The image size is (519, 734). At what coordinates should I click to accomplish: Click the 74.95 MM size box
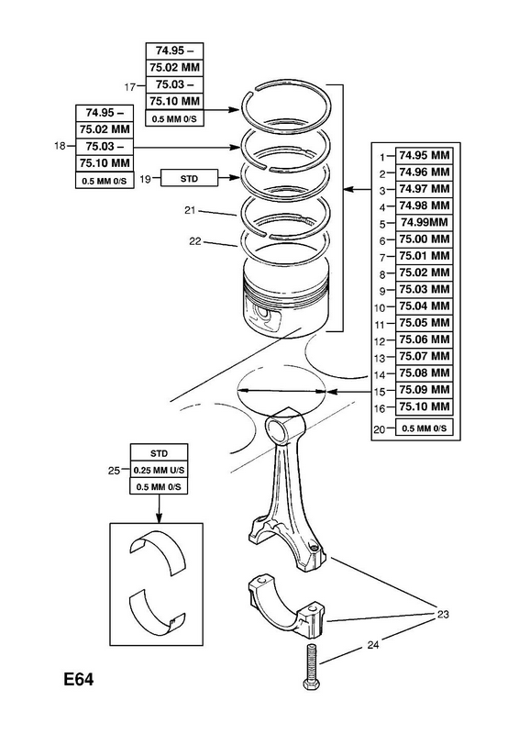pyautogui.click(x=424, y=155)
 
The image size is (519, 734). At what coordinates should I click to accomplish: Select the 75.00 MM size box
pyautogui.click(x=424, y=239)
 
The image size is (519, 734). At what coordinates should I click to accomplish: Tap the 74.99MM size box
pyautogui.click(x=424, y=222)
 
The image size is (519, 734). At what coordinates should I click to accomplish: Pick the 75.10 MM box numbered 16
pyautogui.click(x=424, y=406)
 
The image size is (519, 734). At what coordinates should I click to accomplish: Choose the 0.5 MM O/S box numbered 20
pyautogui.click(x=424, y=428)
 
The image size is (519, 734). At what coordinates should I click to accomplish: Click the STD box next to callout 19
pyautogui.click(x=189, y=178)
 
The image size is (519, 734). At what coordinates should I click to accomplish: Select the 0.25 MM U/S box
pyautogui.click(x=159, y=470)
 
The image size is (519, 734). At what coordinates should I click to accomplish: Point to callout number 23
pyautogui.click(x=443, y=614)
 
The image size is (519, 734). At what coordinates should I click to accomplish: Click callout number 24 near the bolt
pyautogui.click(x=372, y=645)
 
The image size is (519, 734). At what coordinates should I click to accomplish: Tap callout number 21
pyautogui.click(x=190, y=211)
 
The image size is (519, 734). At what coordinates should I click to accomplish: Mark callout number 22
pyautogui.click(x=194, y=241)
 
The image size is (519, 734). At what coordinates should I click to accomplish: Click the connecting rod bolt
pyautogui.click(x=311, y=667)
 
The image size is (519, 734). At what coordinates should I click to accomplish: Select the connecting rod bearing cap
pyautogui.click(x=286, y=606)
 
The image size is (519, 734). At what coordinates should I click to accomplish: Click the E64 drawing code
pyautogui.click(x=79, y=679)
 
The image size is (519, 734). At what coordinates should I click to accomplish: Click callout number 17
pyautogui.click(x=129, y=87)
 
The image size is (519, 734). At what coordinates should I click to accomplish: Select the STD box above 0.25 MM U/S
pyautogui.click(x=159, y=453)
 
